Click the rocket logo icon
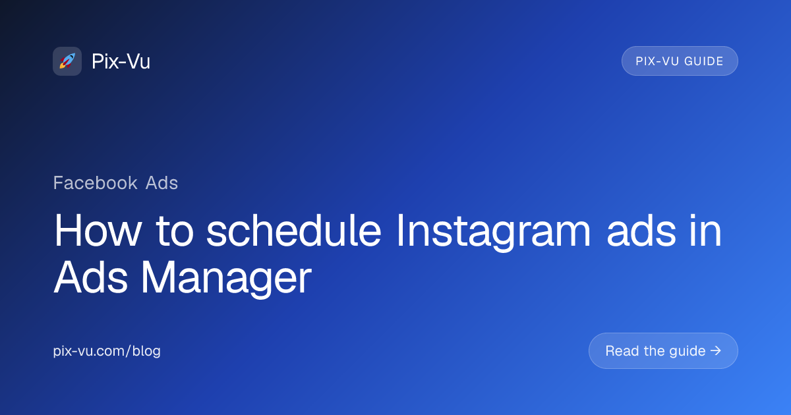pos(67,61)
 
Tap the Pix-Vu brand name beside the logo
pos(121,61)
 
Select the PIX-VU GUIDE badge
pos(680,61)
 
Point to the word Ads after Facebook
pos(162,182)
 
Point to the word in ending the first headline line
pos(707,232)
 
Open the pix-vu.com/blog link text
pos(107,351)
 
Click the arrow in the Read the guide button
pos(716,351)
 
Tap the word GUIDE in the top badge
pos(704,61)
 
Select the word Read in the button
pos(621,351)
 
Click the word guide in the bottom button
pos(686,351)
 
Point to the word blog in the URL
pos(146,351)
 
